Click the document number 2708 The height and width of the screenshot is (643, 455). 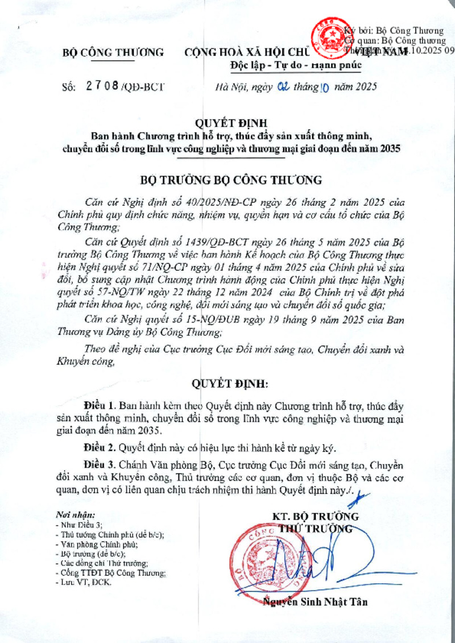pyautogui.click(x=102, y=86)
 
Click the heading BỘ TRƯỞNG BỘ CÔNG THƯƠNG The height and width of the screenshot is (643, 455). pyautogui.click(x=231, y=180)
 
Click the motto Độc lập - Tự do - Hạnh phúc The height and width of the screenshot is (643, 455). pyautogui.click(x=295, y=65)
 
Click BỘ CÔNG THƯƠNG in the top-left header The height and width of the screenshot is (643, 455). pyautogui.click(x=113, y=53)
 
